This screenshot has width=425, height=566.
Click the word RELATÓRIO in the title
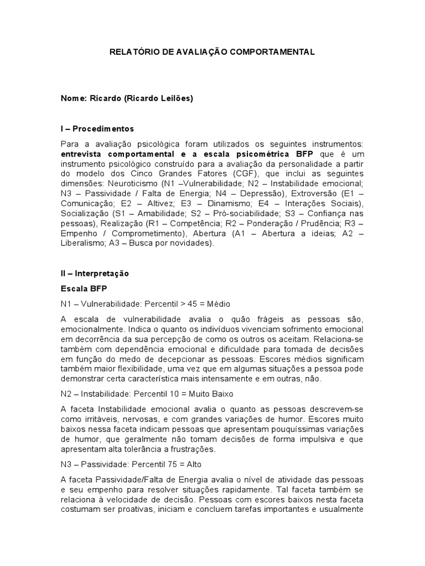(131, 52)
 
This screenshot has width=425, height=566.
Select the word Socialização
(85, 213)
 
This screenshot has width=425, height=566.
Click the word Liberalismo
(85, 243)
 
